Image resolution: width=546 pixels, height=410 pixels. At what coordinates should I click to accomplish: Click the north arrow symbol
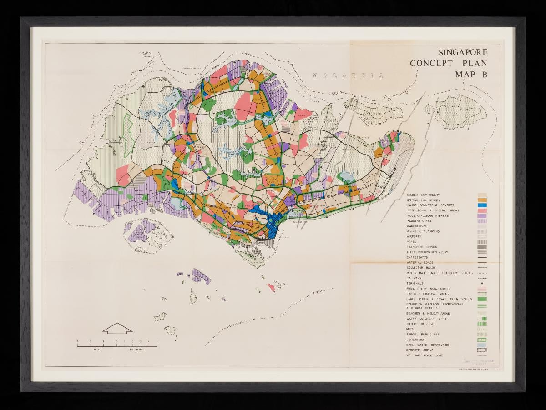(x=117, y=328)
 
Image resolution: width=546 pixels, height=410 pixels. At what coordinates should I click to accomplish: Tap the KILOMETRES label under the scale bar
(x=137, y=350)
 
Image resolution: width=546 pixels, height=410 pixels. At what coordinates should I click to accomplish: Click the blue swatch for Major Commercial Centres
(x=482, y=205)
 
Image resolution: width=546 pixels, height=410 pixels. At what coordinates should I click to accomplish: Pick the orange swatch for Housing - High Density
(x=482, y=200)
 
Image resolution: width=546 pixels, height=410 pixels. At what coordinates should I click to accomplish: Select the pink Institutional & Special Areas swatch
(x=482, y=210)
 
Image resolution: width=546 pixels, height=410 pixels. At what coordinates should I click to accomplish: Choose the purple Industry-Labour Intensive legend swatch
(x=482, y=216)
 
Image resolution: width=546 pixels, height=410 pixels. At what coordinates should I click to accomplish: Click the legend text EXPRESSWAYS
(x=419, y=257)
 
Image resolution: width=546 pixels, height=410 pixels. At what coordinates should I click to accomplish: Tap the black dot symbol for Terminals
(x=482, y=283)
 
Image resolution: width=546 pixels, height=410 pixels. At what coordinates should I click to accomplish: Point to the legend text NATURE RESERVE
(x=420, y=324)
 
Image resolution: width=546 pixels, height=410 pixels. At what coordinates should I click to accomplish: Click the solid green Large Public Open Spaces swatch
(x=482, y=299)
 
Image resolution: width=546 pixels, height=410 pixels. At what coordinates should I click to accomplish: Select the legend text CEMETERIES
(x=416, y=340)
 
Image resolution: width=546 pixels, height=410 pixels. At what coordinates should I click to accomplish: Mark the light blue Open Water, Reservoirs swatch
(x=482, y=345)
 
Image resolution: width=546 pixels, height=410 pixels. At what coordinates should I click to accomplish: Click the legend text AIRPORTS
(x=414, y=236)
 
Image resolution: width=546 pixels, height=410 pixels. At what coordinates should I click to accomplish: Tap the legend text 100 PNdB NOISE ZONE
(x=425, y=355)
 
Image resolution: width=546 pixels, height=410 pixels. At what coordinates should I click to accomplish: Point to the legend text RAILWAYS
(x=414, y=278)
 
